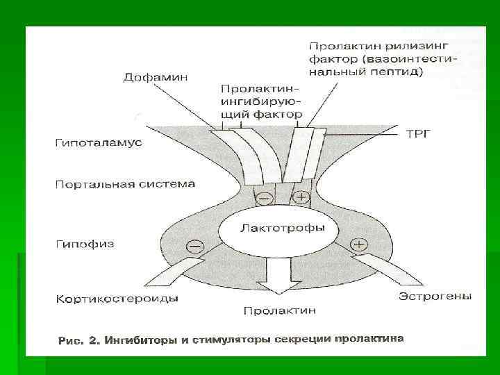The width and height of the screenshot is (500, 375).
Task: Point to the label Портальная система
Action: click(125, 185)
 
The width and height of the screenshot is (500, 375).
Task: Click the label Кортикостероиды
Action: click(116, 299)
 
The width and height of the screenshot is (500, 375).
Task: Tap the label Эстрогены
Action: click(435, 296)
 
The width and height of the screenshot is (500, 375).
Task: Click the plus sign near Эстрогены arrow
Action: click(359, 244)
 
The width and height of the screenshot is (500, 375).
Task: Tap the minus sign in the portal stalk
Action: click(265, 197)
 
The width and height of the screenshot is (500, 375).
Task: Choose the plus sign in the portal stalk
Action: click(301, 197)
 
